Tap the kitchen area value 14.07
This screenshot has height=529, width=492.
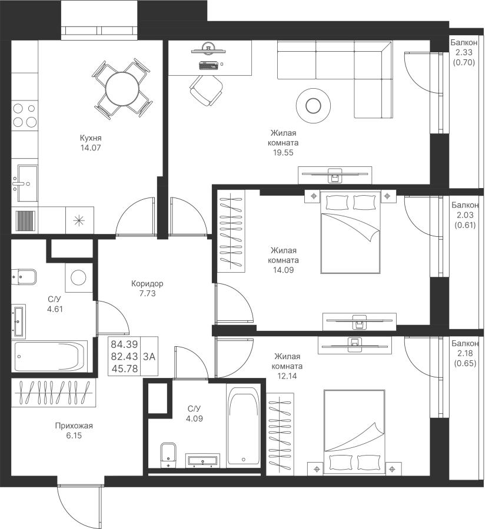(x=91, y=148)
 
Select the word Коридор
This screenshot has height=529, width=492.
(x=147, y=284)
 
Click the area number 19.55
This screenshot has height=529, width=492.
(x=283, y=152)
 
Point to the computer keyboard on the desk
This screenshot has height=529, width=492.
(x=208, y=65)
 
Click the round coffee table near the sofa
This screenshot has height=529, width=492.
(x=313, y=106)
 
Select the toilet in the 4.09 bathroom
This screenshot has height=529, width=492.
(x=168, y=455)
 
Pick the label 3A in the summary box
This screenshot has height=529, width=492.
(x=149, y=357)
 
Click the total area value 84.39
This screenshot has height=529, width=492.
(x=124, y=344)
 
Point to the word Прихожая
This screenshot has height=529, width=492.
(x=74, y=426)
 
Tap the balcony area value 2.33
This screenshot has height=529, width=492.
(x=464, y=53)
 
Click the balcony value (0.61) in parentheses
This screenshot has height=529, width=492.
(x=465, y=225)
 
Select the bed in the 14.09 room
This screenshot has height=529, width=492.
(x=350, y=232)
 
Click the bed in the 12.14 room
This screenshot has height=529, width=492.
(x=354, y=432)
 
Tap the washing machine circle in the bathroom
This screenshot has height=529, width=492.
(x=79, y=277)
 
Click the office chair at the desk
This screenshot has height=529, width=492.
(x=207, y=90)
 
